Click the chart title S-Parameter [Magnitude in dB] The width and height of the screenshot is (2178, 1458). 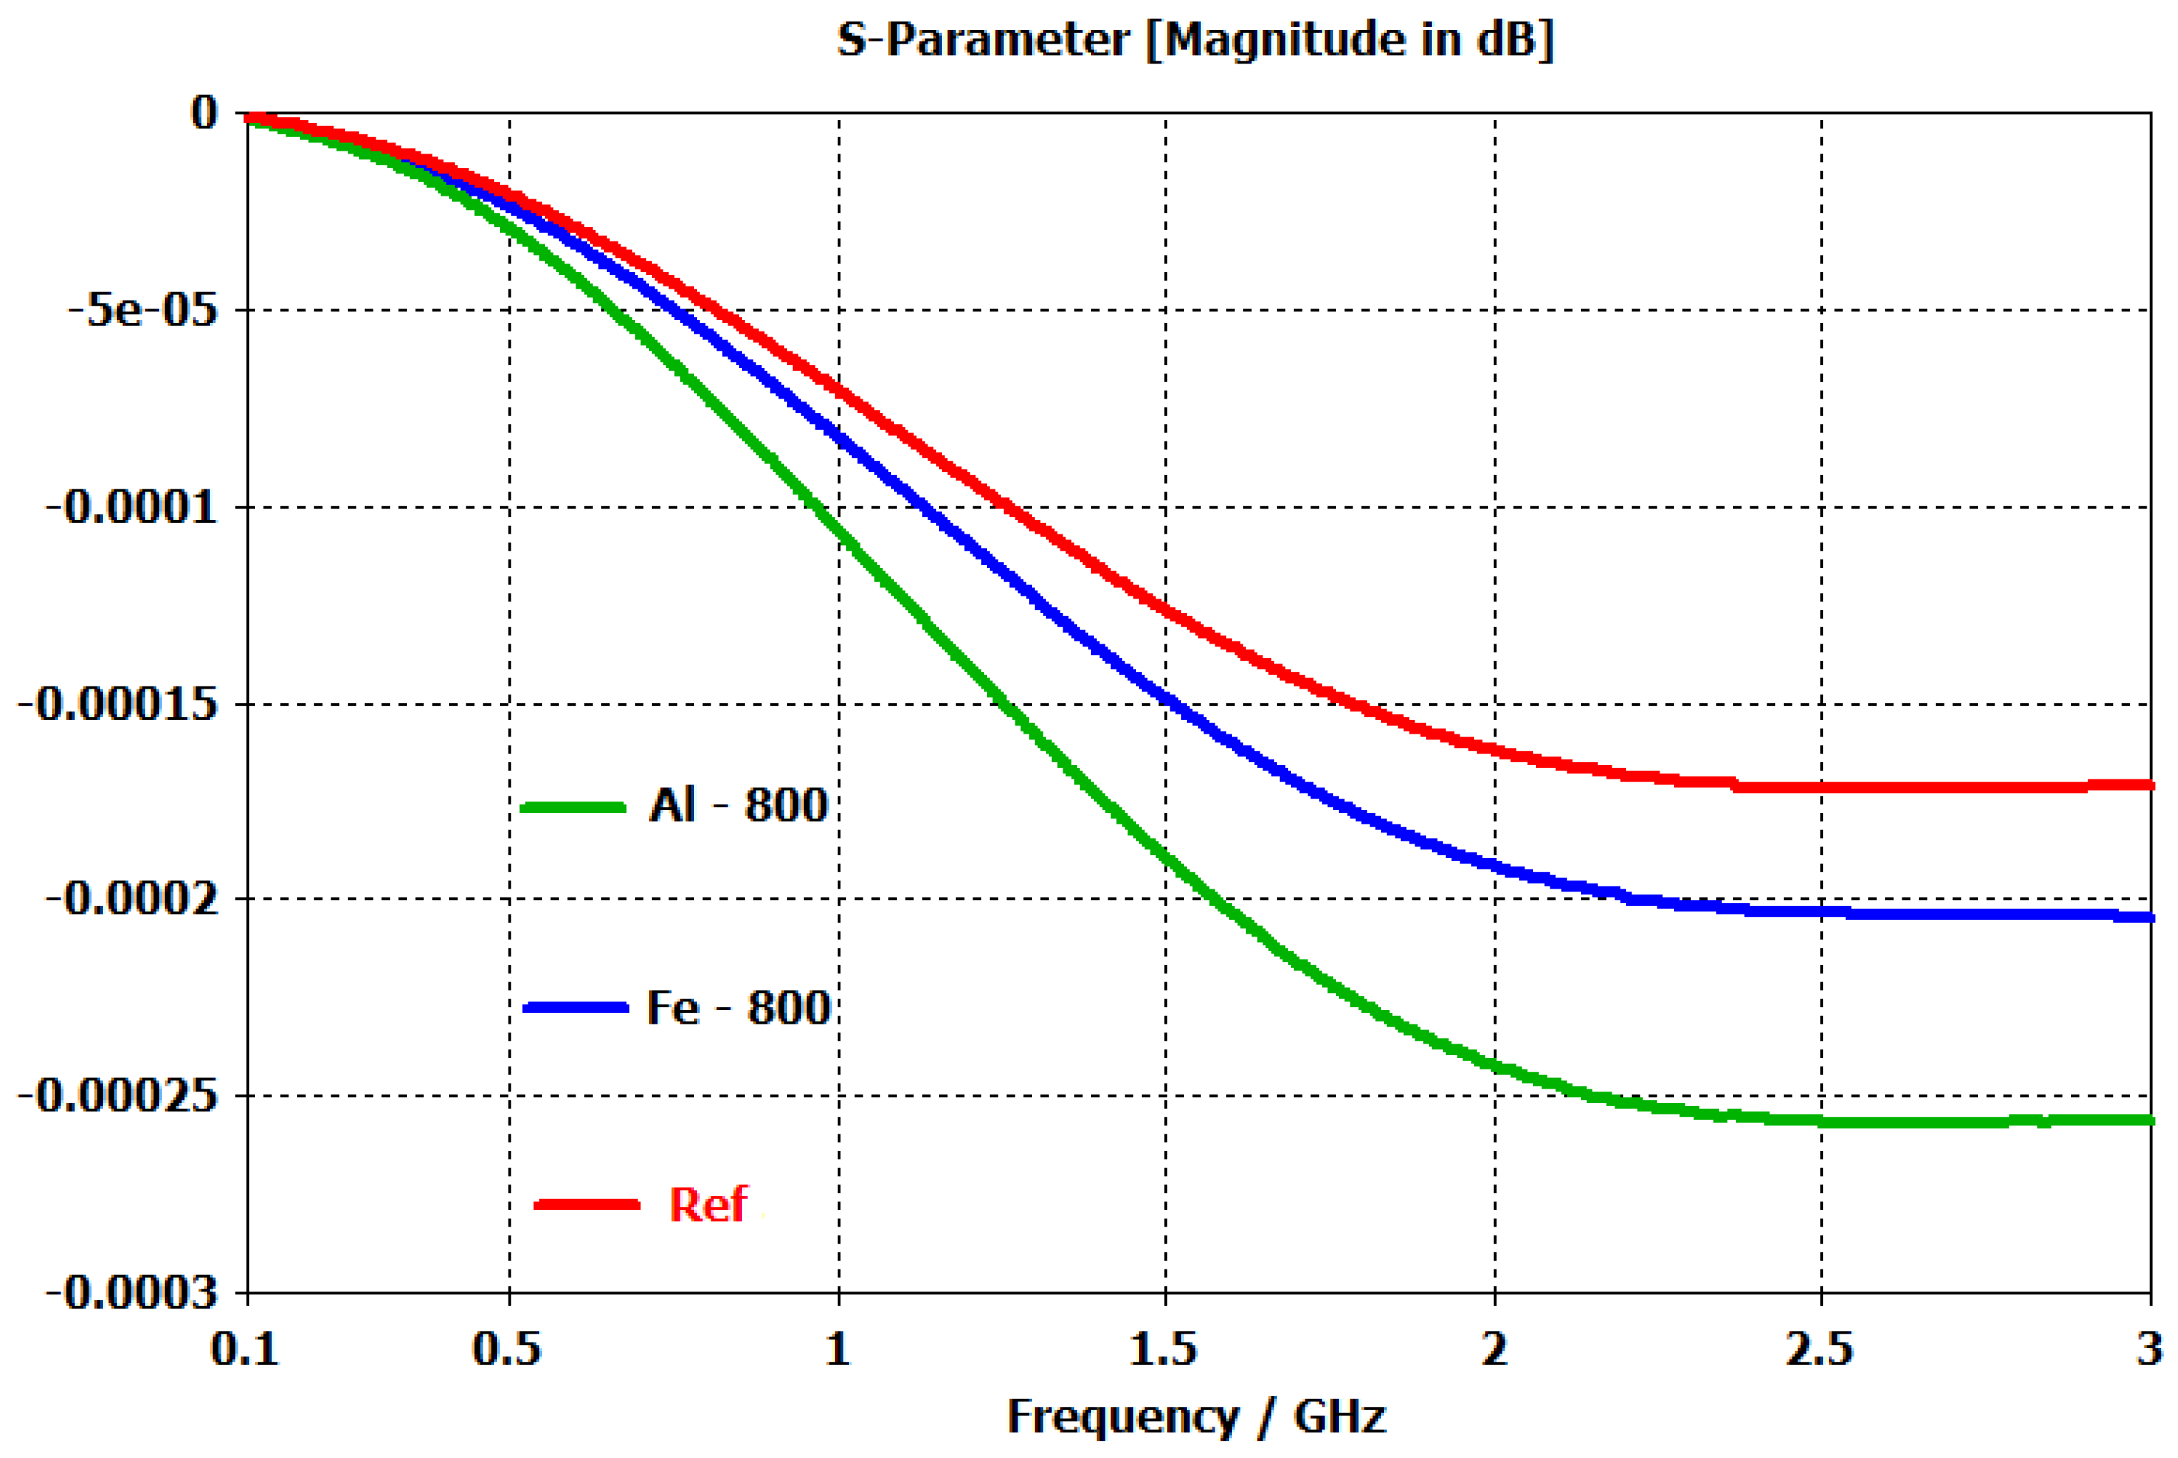click(1195, 41)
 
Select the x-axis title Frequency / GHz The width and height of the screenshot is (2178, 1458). click(1195, 1416)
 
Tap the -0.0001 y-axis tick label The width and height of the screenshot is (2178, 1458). click(132, 508)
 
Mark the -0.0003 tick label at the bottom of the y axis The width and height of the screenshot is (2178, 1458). click(132, 1292)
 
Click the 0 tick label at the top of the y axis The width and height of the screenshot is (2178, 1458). click(204, 114)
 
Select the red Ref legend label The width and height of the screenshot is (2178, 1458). click(708, 1205)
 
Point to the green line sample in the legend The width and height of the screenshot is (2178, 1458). click(573, 807)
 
